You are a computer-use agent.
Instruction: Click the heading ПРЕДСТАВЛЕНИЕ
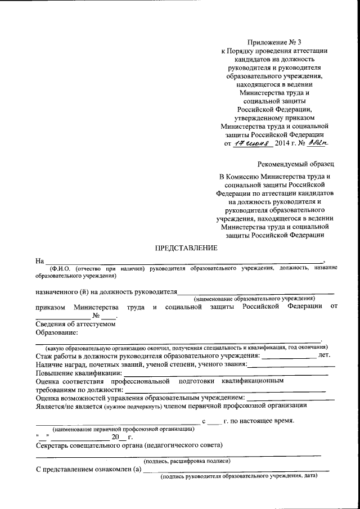[185, 248]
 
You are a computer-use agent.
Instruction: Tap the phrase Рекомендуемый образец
[295, 164]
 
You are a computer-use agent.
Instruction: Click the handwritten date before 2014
[253, 144]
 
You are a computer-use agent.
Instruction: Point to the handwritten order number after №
[317, 144]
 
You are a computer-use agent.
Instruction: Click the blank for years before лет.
[289, 355]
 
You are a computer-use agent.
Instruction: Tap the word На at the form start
[39, 261]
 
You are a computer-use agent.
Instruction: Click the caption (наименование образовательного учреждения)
[254, 298]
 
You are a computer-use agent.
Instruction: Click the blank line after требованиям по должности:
[225, 389]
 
